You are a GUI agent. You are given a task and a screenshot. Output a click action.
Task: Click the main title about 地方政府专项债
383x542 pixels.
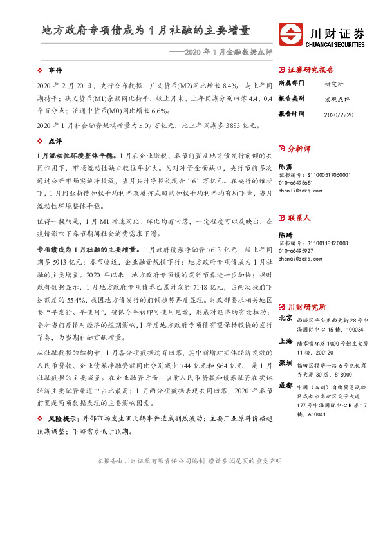(x=145, y=30)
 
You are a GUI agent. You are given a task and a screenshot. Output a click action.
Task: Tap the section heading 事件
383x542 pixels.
(x=55, y=70)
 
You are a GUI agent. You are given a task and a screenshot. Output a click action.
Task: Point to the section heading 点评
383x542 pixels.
(x=55, y=140)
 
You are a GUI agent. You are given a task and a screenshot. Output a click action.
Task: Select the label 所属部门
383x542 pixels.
(x=290, y=84)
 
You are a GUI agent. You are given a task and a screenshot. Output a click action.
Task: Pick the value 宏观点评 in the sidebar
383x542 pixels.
(x=337, y=99)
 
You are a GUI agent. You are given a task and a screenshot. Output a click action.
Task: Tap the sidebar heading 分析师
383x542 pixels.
(x=299, y=149)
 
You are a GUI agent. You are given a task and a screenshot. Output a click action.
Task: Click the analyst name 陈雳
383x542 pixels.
(x=285, y=166)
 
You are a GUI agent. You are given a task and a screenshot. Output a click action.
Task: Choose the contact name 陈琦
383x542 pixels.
(x=285, y=235)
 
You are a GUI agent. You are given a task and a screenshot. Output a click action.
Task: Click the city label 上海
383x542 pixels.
(x=286, y=341)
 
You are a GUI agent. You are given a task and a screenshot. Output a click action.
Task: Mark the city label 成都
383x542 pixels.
(x=286, y=385)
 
